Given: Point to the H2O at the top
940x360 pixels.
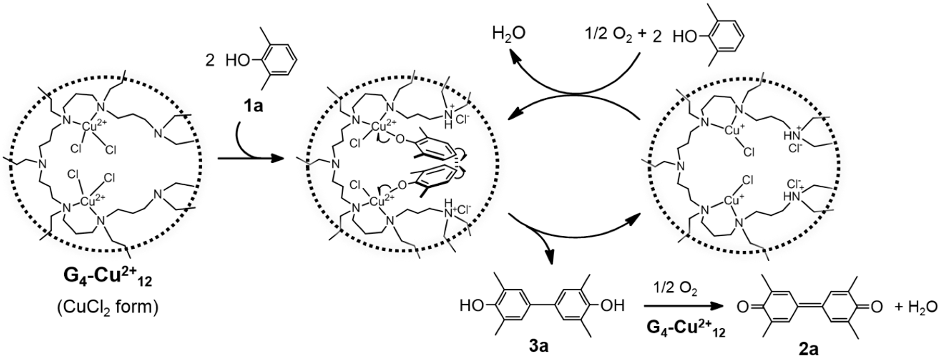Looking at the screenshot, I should click(509, 34).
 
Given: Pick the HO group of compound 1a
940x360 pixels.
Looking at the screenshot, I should click(238, 61).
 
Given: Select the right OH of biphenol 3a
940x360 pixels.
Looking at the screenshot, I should click(612, 306).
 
